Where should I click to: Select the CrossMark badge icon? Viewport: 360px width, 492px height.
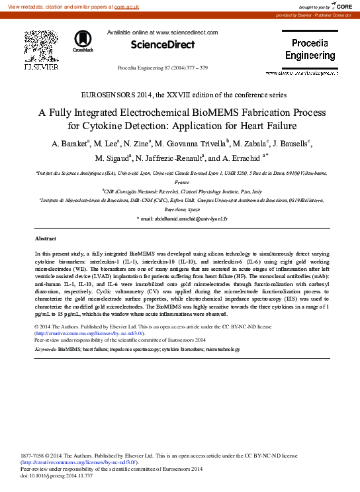click(83, 40)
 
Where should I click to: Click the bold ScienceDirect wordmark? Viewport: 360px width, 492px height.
click(162, 44)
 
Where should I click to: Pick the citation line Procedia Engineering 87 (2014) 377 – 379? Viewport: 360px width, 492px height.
click(162, 68)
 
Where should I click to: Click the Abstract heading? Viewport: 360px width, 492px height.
click(45, 238)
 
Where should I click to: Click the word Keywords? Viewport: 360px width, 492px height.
click(45, 348)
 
